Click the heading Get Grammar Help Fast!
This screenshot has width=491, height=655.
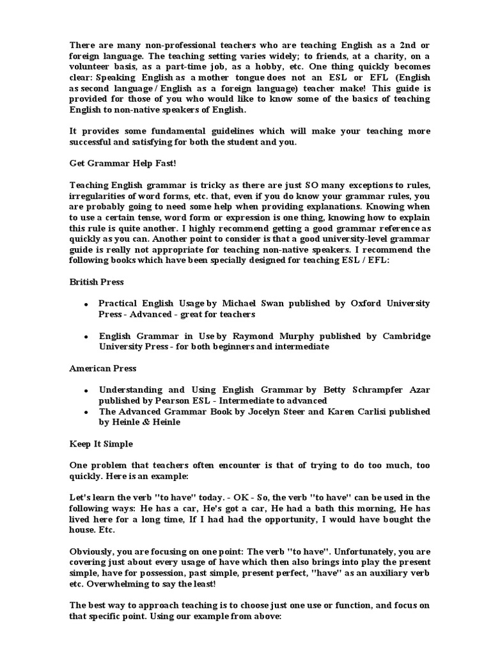tap(114, 162)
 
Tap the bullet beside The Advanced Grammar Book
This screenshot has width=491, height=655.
tap(85, 412)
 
